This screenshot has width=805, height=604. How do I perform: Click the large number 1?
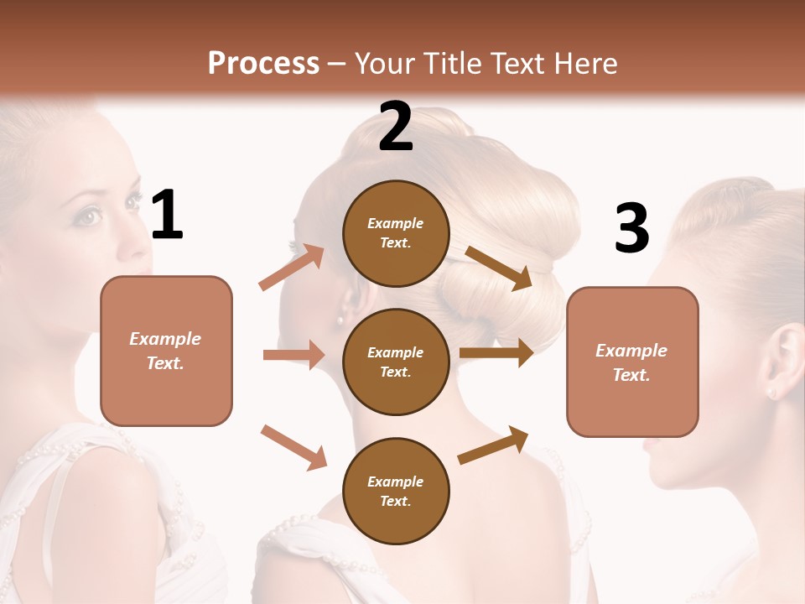167,215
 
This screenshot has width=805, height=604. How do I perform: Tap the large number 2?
396,127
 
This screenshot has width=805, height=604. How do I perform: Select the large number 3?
632,228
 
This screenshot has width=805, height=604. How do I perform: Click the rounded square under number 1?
166,351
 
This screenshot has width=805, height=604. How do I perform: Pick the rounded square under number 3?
632,362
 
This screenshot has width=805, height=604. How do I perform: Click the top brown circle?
396,233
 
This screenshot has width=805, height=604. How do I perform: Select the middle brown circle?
396,362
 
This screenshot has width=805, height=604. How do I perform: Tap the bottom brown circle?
396,492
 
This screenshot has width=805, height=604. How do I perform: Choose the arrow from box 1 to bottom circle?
293,446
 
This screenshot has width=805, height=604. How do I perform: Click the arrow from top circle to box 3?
499,268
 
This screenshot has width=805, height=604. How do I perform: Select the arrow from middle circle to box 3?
496,353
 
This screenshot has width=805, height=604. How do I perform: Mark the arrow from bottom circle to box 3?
493,445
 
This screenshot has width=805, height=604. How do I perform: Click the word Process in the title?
263,63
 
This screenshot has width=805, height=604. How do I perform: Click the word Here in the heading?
587,63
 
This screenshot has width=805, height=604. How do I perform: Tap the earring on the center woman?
341,319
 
